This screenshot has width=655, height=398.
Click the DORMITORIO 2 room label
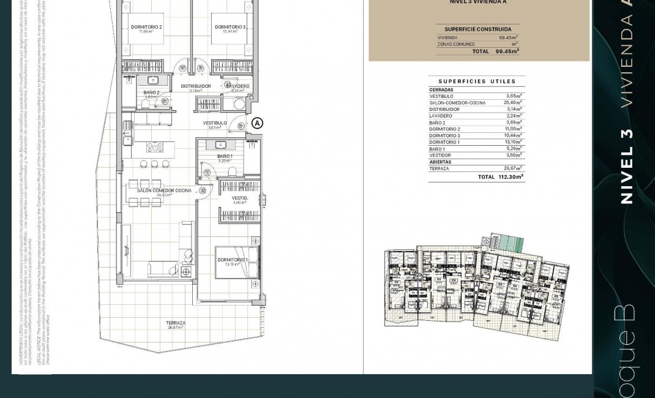point(146,28)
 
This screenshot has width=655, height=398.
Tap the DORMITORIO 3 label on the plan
point(230,28)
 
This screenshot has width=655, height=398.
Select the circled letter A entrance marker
point(257,123)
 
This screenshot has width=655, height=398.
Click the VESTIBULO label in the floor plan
point(215,123)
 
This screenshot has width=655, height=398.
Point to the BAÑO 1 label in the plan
point(225,157)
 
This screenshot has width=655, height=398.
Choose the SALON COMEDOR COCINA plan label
point(164,190)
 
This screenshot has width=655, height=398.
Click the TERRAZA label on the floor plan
point(176,323)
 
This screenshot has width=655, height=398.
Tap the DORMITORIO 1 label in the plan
point(233,260)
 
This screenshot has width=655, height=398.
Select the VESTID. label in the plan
point(240,198)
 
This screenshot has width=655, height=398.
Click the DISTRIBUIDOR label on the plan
point(196,86)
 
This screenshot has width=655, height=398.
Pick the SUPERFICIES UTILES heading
point(477,81)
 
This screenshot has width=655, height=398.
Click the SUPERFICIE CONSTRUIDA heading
point(477,29)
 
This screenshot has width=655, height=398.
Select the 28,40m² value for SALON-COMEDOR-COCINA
point(512,103)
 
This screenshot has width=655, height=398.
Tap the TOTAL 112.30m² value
point(510,177)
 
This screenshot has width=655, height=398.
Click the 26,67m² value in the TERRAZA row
point(512,168)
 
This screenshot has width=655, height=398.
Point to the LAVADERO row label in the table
point(441,116)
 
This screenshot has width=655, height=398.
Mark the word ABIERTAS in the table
point(440,162)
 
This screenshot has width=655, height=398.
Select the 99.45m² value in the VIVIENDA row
point(507,37)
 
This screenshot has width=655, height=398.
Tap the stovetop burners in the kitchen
point(154,147)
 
